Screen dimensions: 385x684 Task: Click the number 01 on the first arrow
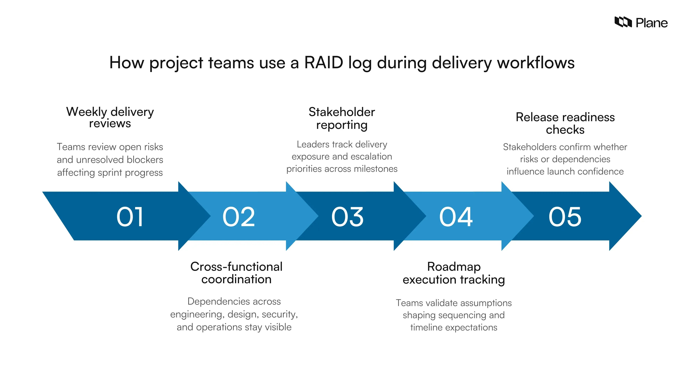(x=130, y=217)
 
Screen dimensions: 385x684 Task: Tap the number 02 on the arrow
(x=239, y=217)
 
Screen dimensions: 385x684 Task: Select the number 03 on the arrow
(x=347, y=217)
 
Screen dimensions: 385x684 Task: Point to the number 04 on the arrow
(x=456, y=217)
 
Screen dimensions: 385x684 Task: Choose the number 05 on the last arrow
(x=565, y=217)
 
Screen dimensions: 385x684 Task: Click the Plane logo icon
(x=623, y=22)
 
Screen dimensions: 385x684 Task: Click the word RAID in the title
(x=324, y=63)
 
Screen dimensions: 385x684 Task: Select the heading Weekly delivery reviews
(x=110, y=117)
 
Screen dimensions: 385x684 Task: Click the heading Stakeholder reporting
(x=342, y=118)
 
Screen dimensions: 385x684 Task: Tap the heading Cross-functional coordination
(x=236, y=273)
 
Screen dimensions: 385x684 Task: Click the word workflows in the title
(x=536, y=63)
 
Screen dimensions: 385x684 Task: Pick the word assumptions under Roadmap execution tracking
(x=486, y=303)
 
